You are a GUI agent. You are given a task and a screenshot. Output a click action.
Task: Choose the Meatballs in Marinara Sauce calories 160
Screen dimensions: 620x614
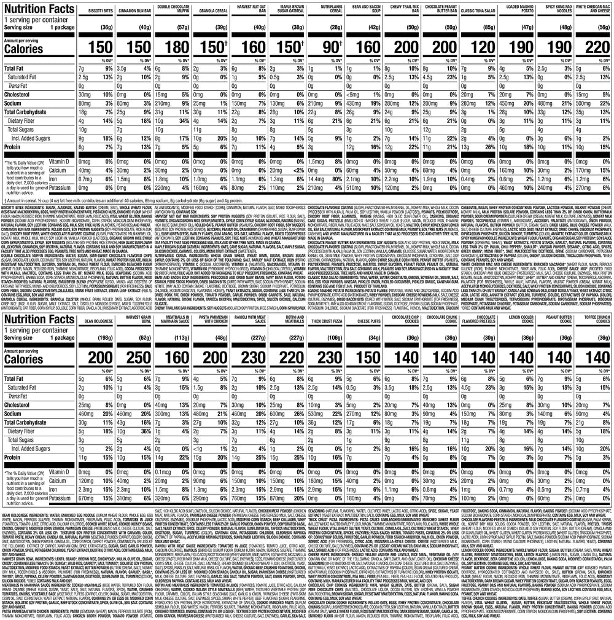point(176,359)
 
